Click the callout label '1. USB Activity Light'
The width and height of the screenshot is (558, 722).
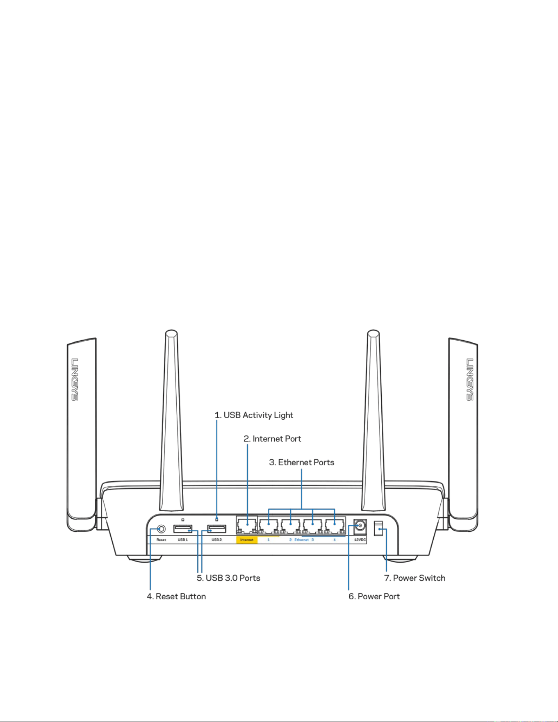coord(254,415)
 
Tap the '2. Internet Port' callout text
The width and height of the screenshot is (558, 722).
coord(272,439)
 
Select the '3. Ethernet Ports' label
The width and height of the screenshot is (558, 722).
coord(301,462)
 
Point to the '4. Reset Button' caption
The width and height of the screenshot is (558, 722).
coord(176,597)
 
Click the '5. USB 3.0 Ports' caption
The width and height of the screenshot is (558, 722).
coord(228,578)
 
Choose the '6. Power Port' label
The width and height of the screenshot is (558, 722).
coord(374,597)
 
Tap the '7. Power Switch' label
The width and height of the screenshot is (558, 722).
coord(415,578)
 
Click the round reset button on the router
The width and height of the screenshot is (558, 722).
coord(161,529)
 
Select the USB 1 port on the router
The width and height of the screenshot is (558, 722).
coord(183,528)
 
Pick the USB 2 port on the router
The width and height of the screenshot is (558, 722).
coord(216,528)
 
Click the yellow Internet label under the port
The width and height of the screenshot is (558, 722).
coord(247,540)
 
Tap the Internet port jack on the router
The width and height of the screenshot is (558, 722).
coord(247,525)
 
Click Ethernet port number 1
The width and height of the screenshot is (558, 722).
coord(269,525)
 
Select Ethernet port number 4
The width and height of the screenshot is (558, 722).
coord(335,525)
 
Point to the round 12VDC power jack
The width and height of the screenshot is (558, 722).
coord(360,526)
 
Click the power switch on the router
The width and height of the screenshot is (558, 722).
coord(378,529)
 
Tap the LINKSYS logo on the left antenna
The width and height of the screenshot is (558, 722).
coord(75,379)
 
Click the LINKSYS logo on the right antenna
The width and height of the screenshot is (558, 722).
coord(470,379)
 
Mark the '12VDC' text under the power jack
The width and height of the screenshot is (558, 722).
coord(360,540)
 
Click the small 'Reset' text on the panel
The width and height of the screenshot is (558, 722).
coord(161,540)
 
